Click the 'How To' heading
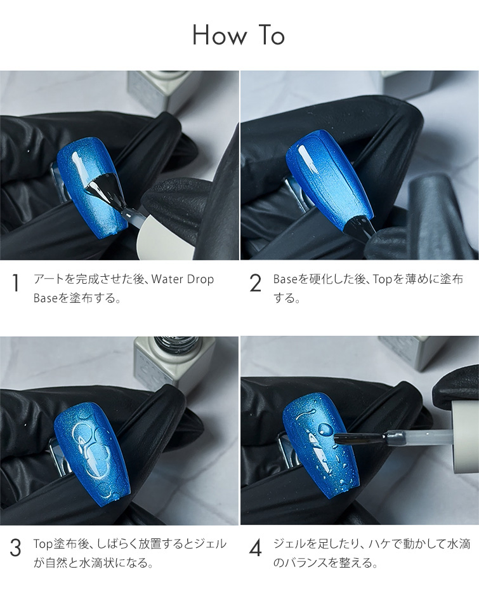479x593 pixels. [239, 35]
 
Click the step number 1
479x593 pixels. [15, 283]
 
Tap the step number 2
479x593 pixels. [256, 283]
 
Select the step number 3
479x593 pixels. [15, 548]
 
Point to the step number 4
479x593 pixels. [256, 548]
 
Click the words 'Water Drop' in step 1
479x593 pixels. [183, 279]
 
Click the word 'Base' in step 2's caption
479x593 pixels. [285, 279]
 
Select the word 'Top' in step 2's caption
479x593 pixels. [383, 279]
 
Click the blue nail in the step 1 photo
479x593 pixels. [93, 185]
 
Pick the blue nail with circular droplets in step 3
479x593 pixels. [92, 450]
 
